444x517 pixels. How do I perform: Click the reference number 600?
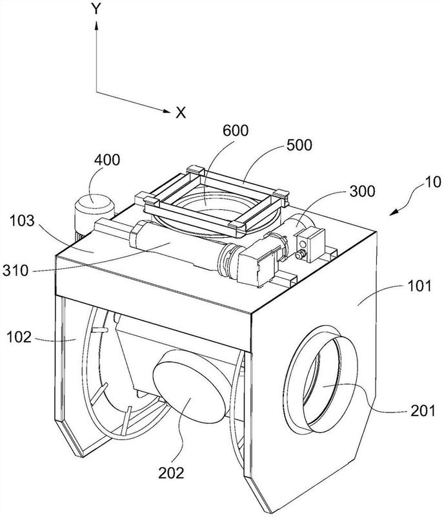(x=235, y=131)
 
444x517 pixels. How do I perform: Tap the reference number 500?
(x=299, y=145)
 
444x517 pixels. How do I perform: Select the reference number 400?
(x=107, y=160)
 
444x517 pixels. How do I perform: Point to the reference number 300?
(x=362, y=191)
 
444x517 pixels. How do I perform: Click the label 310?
(x=15, y=271)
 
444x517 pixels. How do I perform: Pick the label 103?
(x=21, y=220)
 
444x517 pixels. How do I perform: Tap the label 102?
(x=19, y=337)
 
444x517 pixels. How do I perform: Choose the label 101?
(x=419, y=286)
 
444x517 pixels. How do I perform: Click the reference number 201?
(x=423, y=411)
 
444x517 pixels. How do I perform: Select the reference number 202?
(x=171, y=473)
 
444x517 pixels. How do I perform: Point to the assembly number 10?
(x=433, y=182)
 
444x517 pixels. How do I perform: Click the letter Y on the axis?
(x=96, y=9)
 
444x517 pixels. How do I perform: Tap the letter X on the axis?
(x=181, y=112)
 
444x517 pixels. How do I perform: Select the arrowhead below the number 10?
(x=394, y=212)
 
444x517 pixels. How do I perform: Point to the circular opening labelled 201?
(x=323, y=379)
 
